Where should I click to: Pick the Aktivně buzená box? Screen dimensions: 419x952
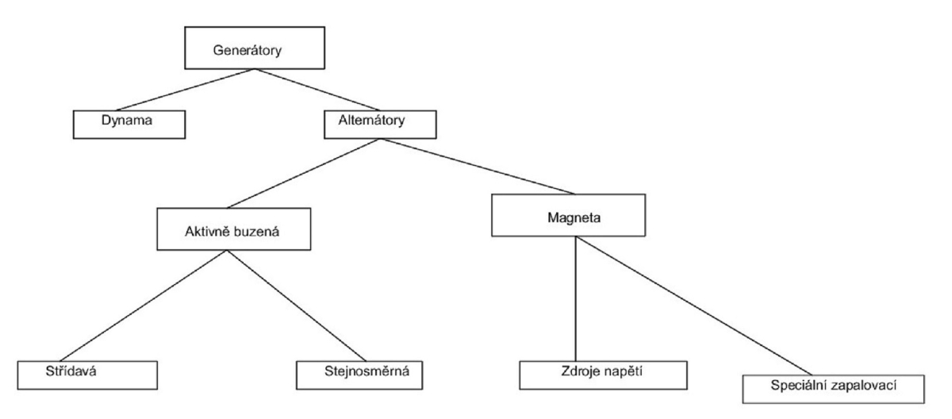coord(230,231)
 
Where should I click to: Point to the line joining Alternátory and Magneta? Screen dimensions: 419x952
coord(476,166)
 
